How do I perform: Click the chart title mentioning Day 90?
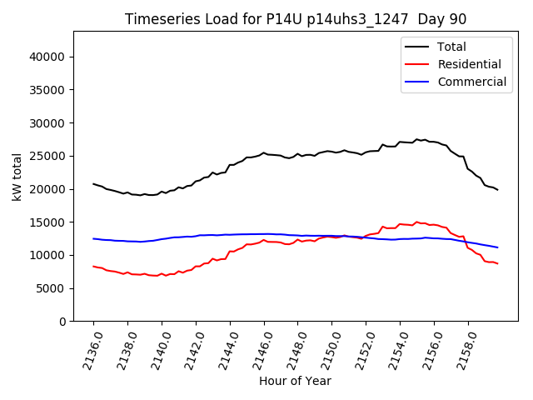(296, 19)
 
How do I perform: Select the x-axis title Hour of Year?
(295, 381)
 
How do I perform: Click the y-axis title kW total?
(17, 177)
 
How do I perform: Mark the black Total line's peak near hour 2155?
(417, 139)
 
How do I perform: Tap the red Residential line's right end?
(498, 263)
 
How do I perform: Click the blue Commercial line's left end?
(93, 238)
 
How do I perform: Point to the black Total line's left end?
(93, 183)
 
